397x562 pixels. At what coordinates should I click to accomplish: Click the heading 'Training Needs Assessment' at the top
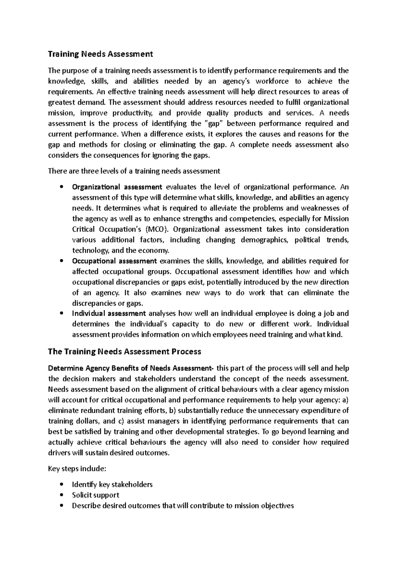[100, 54]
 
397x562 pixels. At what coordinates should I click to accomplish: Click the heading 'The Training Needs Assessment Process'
[124, 351]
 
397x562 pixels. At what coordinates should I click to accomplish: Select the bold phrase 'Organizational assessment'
[117, 187]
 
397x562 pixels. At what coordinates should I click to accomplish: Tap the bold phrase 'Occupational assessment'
[114, 261]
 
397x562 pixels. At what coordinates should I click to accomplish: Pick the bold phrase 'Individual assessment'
[109, 313]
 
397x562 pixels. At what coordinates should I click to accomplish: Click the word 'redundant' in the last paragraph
[98, 411]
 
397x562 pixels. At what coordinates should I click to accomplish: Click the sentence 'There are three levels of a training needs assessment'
[134, 171]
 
